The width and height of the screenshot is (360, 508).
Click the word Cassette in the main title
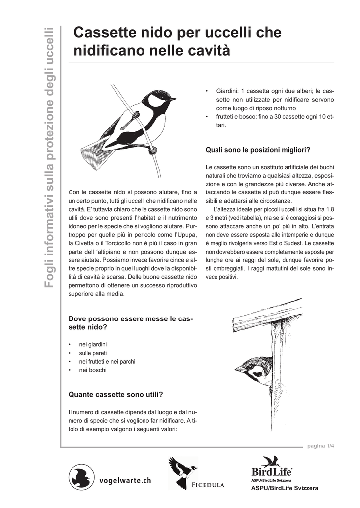[102, 33]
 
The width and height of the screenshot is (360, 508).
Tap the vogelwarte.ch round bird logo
[81, 478]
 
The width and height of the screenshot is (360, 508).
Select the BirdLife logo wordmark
[271, 471]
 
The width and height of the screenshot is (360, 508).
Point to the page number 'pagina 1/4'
[320, 446]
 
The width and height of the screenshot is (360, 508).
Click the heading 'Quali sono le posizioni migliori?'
[258, 150]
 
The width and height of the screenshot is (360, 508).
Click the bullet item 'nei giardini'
[93, 344]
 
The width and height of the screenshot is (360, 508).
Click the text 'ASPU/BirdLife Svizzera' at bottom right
[285, 488]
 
